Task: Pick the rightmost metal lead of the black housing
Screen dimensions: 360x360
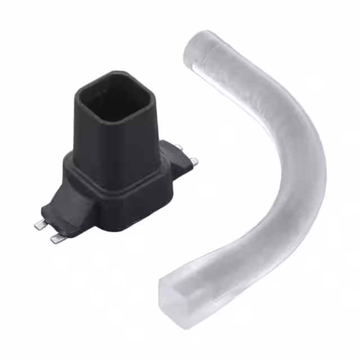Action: (194, 161)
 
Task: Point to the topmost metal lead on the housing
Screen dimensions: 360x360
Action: (178, 147)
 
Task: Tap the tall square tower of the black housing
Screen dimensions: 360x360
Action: (115, 135)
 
